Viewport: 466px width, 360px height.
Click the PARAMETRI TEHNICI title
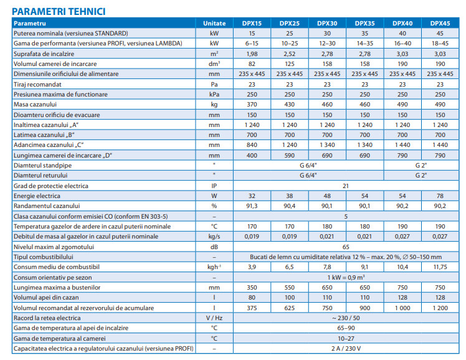coord(59,11)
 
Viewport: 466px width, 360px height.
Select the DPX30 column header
coord(327,23)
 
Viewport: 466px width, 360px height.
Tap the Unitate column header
coord(214,23)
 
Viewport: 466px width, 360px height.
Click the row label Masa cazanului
coord(35,104)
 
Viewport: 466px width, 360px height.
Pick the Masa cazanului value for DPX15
coord(252,104)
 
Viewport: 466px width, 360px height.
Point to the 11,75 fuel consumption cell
coord(440,267)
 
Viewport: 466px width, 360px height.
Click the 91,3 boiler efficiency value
coord(252,206)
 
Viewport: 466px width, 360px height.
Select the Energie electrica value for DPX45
coord(440,196)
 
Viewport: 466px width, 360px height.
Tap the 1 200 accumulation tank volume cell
coord(440,308)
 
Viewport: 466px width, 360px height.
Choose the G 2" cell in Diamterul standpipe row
coord(421,166)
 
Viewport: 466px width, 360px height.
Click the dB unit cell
coord(214,247)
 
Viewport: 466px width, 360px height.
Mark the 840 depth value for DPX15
coord(252,145)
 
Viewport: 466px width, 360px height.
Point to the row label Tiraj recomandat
coord(37,84)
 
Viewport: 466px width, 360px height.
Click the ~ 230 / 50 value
coord(346,318)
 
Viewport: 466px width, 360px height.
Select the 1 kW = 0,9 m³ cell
coord(346,277)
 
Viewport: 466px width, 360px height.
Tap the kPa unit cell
coord(214,94)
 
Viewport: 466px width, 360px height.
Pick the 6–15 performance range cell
coord(252,44)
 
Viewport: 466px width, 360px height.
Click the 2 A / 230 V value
coord(346,348)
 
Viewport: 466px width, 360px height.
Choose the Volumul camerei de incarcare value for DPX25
coord(290,64)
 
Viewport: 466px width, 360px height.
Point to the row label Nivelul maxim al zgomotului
coord(54,247)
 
